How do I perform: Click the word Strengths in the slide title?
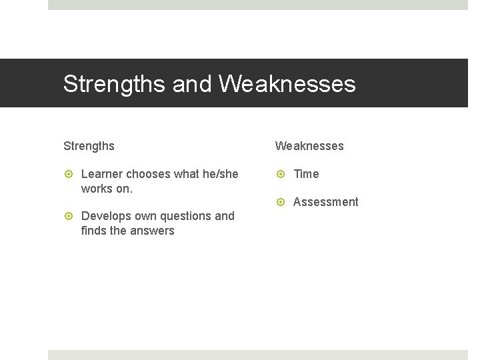(x=115, y=84)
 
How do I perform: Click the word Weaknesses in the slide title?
(x=287, y=84)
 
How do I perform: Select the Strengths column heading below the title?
(x=89, y=146)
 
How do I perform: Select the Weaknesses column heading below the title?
(x=309, y=146)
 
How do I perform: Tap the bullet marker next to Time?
(x=281, y=174)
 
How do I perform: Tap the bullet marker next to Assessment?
(x=281, y=202)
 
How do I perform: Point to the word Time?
(x=306, y=174)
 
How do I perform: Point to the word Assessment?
(x=325, y=202)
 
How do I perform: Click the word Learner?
(x=102, y=174)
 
